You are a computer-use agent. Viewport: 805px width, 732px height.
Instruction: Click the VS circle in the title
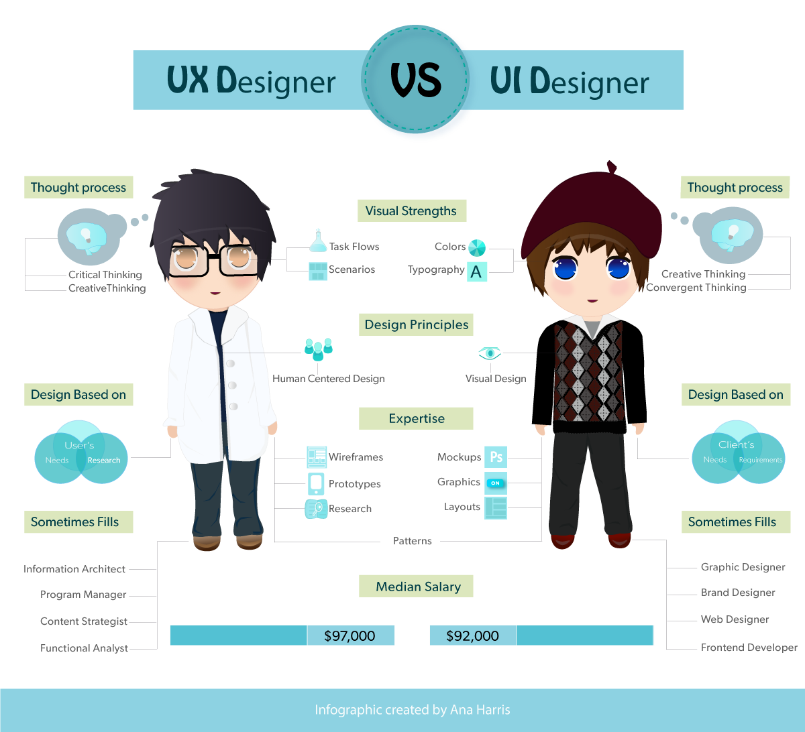coord(415,79)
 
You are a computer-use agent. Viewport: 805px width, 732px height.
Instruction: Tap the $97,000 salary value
coord(350,635)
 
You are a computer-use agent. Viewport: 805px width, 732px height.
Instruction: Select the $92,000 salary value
coord(472,635)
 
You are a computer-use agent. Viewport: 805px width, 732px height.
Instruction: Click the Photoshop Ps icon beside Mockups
coord(496,457)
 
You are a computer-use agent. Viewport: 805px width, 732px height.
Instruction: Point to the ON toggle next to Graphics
coord(496,483)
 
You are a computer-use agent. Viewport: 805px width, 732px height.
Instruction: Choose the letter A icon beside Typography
coord(477,271)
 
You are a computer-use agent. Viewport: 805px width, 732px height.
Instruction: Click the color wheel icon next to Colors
coord(477,248)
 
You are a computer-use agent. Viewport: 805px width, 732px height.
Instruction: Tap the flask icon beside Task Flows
coord(318,240)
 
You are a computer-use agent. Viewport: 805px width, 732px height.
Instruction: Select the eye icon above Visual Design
coord(490,353)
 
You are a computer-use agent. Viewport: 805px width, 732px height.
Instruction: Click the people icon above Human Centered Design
coord(318,349)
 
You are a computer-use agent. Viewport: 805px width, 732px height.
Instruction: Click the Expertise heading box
coord(416,418)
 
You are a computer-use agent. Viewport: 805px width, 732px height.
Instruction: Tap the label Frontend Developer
coord(749,648)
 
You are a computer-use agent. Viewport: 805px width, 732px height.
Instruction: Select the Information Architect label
coord(74,568)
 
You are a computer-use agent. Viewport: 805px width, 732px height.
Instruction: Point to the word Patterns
coord(412,541)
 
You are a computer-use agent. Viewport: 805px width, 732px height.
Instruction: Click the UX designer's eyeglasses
coord(213,259)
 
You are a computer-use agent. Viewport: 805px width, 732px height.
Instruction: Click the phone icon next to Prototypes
coord(316,484)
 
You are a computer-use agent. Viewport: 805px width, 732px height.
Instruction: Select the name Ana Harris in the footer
coord(480,710)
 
